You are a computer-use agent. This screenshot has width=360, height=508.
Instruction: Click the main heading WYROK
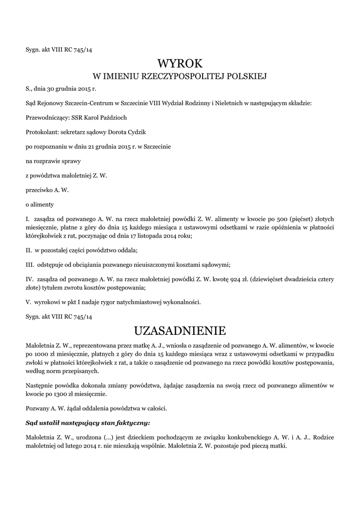[180, 63]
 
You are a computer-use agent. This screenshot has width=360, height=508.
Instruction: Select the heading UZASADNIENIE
[180, 330]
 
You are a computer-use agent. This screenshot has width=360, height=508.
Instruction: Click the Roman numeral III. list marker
[29, 264]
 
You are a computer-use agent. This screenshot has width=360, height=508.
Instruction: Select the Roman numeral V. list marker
[28, 302]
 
